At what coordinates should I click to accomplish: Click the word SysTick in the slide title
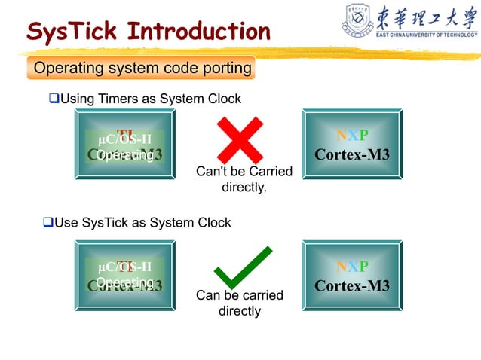coord(72,32)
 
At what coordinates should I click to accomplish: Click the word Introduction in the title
coord(198,32)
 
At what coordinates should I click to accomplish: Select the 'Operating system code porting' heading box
coord(142,69)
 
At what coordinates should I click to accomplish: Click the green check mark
coord(242,267)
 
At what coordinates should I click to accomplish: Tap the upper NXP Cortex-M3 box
coord(351,144)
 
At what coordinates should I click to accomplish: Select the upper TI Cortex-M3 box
coord(124,144)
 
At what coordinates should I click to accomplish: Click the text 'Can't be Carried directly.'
coord(244,179)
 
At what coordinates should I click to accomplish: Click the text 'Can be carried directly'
coord(239,303)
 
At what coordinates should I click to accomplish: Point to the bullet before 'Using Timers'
coord(54,99)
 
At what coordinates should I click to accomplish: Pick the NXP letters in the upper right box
coord(351,136)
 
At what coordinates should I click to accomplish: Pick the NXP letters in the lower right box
coord(351,267)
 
